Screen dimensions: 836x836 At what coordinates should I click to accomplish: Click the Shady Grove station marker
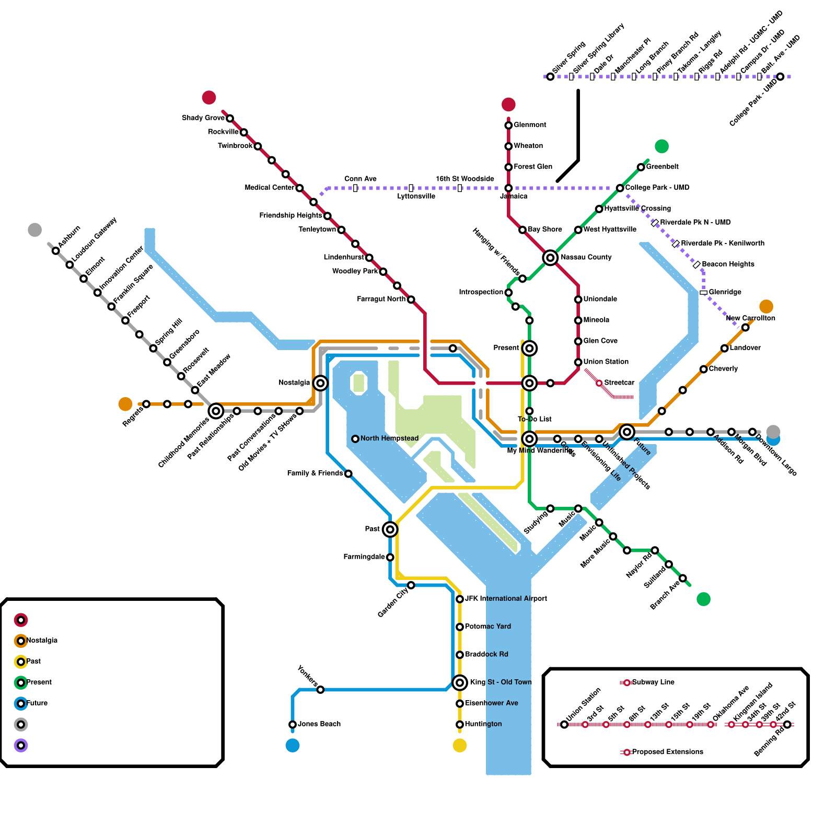230,119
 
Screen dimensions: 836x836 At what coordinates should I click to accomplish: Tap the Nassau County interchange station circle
550,258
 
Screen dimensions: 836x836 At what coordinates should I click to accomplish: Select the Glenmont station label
530,125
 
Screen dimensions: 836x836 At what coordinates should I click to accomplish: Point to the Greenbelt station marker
641,167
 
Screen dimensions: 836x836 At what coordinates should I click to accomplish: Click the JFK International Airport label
506,599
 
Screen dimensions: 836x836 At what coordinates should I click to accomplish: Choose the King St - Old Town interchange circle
460,682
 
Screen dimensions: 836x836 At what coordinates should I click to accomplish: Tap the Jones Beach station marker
293,724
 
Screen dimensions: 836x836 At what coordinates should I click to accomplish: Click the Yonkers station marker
320,690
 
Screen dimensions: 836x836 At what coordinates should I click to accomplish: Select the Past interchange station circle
390,529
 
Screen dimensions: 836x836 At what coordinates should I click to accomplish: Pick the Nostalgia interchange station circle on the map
320,383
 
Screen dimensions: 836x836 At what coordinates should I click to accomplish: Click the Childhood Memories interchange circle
216,411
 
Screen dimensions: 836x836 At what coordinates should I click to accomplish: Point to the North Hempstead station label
389,438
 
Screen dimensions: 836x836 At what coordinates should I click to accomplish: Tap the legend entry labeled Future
37,703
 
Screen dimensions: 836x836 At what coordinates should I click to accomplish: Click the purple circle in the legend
21,746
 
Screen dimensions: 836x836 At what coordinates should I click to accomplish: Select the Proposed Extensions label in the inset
667,752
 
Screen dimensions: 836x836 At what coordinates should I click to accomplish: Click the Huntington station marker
460,724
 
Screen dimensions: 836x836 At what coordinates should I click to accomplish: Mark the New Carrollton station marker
745,328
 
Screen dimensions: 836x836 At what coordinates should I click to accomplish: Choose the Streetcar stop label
619,383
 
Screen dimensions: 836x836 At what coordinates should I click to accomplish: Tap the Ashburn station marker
56,251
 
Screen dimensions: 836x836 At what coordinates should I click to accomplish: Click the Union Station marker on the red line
578,362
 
